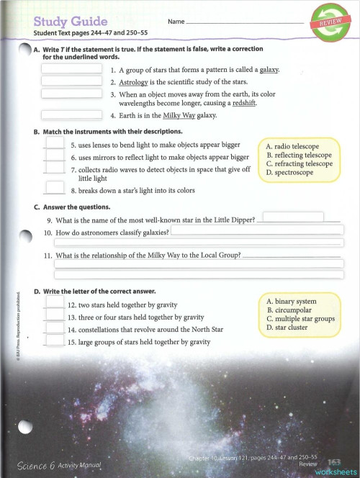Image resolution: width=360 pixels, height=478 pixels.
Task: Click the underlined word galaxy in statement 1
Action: (269, 70)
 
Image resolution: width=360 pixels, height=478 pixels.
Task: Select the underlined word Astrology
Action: (134, 83)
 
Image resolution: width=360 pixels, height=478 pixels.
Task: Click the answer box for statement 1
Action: (71, 68)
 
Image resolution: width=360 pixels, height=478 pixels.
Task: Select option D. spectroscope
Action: (290, 173)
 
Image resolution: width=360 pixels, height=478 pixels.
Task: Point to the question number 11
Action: (48, 256)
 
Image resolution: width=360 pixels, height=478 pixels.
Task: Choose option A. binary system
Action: (292, 301)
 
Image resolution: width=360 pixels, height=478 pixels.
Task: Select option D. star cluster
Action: (288, 328)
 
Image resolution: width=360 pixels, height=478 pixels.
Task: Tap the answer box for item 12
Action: (55, 304)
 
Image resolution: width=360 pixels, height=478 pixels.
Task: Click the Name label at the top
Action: (176, 22)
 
